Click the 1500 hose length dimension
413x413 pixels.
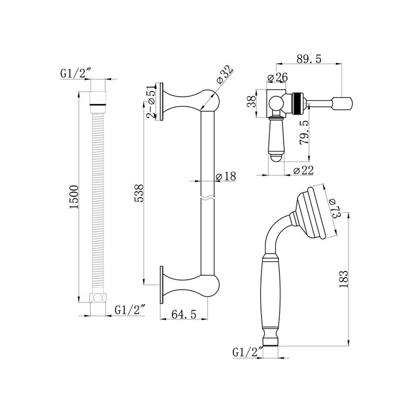[74, 197]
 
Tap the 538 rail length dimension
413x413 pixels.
[139, 193]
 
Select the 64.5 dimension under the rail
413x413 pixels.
[184, 314]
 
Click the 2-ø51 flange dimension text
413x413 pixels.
[151, 102]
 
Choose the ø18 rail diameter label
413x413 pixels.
[226, 176]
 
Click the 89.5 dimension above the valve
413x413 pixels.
[309, 59]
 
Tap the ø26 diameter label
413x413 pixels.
[278, 78]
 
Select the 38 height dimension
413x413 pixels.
[252, 101]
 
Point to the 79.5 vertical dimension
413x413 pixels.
[304, 132]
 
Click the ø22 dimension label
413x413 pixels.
[303, 171]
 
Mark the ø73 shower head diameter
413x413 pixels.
[335, 207]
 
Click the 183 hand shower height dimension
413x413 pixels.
[344, 279]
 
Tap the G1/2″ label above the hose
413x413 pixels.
[76, 74]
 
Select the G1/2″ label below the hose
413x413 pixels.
[130, 309]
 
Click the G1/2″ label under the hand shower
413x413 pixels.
[248, 352]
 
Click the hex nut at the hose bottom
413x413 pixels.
[97, 297]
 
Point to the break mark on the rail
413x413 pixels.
[208, 198]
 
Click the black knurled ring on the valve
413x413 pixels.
[297, 104]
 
